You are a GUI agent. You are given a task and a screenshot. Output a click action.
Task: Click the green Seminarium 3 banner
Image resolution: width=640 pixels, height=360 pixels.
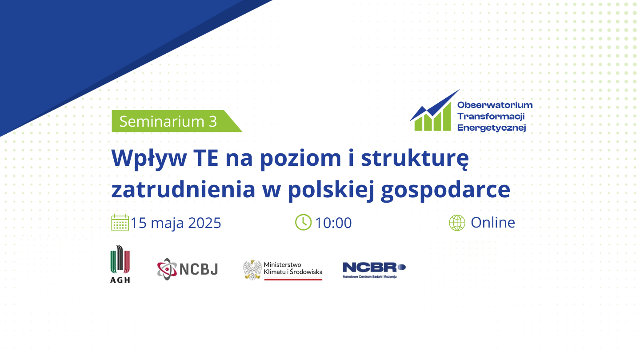[x=174, y=121]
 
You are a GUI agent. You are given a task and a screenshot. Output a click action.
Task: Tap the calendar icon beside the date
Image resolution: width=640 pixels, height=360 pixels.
[x=120, y=223]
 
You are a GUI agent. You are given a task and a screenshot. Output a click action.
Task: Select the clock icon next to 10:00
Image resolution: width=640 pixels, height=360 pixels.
[x=303, y=222]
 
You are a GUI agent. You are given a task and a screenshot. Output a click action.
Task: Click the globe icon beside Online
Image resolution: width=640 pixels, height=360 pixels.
[x=457, y=223]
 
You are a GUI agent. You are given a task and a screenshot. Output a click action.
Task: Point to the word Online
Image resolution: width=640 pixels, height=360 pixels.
[x=493, y=223]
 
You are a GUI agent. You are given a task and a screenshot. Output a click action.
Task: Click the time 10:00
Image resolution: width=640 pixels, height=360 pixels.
[x=333, y=223]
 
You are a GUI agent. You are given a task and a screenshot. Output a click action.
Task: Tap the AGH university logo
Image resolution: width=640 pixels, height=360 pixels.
[x=120, y=264]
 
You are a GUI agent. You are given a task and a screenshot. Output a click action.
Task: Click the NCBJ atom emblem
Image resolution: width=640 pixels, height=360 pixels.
[x=167, y=269]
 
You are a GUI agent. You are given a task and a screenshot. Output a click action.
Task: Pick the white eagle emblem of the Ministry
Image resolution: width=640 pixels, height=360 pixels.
[x=252, y=270]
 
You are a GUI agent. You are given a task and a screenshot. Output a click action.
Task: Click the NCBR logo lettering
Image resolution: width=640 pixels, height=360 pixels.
[x=374, y=268]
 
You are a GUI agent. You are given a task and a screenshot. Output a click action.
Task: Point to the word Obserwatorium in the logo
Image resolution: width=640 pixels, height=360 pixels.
[x=495, y=105]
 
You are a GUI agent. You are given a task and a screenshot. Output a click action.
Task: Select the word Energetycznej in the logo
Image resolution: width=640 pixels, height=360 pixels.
[x=492, y=128]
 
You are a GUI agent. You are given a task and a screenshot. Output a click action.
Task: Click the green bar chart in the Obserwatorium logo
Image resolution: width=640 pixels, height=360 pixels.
[x=432, y=119]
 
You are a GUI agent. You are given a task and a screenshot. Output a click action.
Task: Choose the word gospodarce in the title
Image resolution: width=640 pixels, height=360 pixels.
[x=445, y=190]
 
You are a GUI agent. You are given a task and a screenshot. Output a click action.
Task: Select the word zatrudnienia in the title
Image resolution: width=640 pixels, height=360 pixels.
[x=183, y=189]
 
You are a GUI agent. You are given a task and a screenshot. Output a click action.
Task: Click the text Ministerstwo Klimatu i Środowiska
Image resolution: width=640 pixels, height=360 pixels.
[x=293, y=268]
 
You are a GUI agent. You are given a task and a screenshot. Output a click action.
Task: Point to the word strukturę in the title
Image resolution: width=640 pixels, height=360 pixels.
[x=415, y=159]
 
